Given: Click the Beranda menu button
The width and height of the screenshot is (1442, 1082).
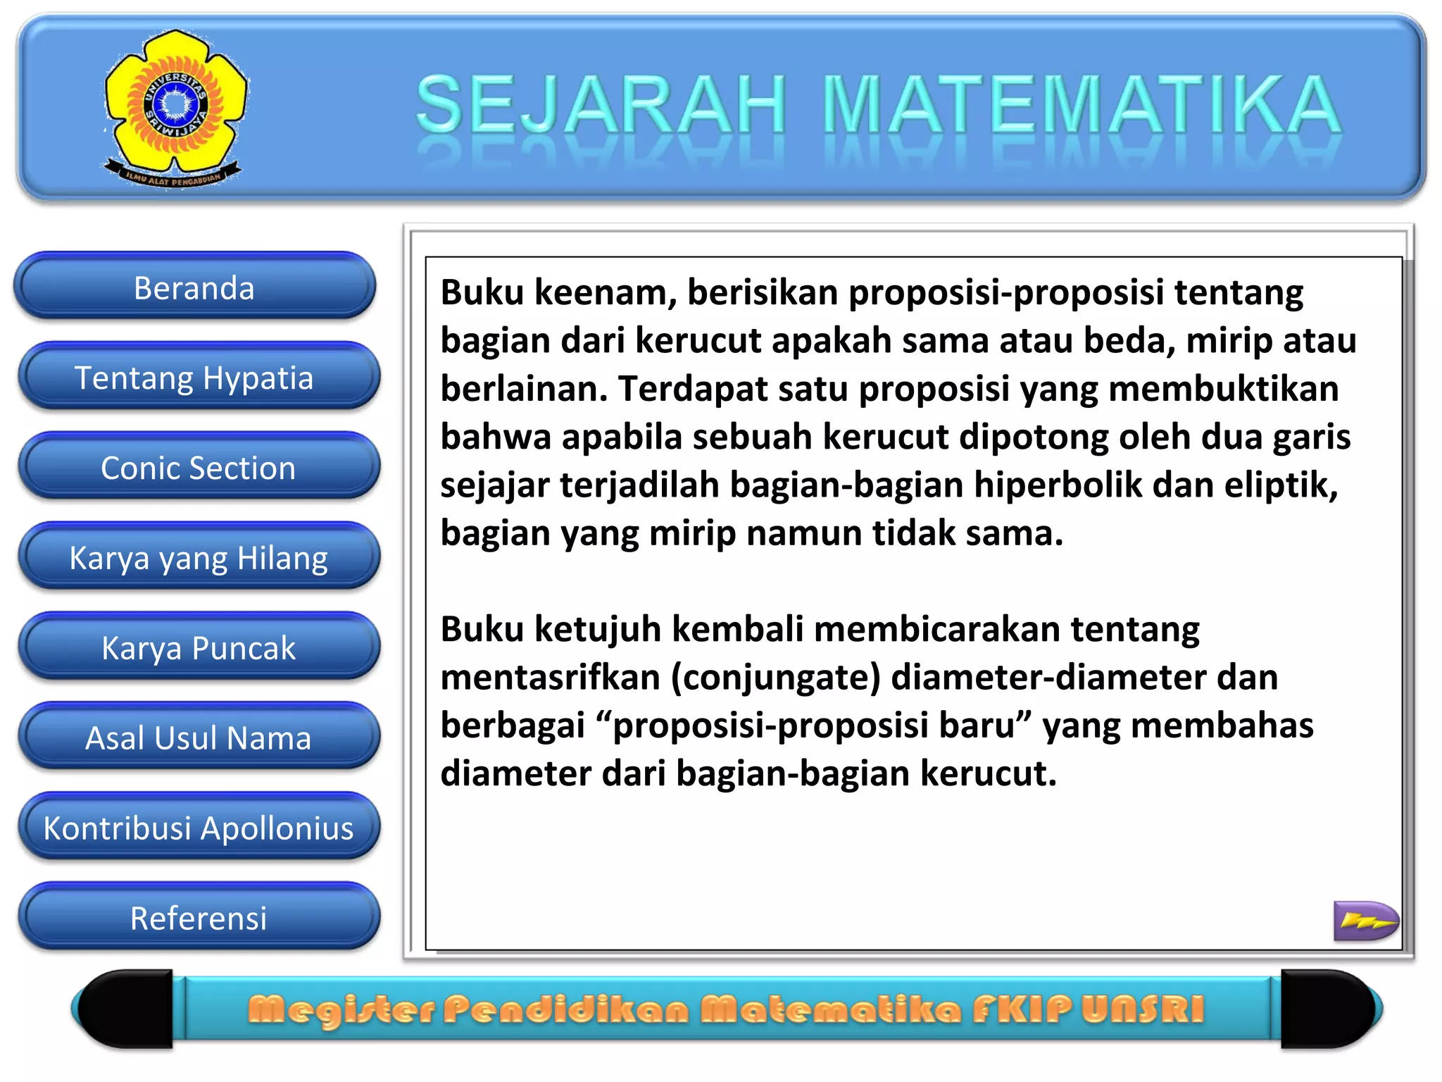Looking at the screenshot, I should (194, 287).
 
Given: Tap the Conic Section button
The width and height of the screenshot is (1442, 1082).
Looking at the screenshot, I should (198, 468).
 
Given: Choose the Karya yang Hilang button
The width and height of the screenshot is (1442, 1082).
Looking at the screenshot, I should (198, 558).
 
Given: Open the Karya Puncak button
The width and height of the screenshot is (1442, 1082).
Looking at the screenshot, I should (198, 647).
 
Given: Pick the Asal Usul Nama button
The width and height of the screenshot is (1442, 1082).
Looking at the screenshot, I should (198, 738).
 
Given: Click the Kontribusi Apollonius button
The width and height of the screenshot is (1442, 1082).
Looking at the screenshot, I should (198, 828).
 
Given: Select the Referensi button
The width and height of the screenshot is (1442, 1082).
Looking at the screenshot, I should (198, 918).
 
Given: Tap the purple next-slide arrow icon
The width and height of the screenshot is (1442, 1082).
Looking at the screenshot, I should (1365, 920).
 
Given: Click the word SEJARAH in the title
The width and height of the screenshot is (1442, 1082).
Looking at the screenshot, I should (601, 106).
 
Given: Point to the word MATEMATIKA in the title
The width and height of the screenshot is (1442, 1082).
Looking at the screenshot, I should (1081, 106).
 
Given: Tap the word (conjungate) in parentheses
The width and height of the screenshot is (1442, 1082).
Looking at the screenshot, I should (775, 678).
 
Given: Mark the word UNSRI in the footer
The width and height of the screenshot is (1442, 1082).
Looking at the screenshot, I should (1143, 1009).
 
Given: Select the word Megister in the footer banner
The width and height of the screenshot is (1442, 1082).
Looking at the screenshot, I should (342, 1009).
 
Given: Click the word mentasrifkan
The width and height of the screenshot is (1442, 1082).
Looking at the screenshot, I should (550, 678).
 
